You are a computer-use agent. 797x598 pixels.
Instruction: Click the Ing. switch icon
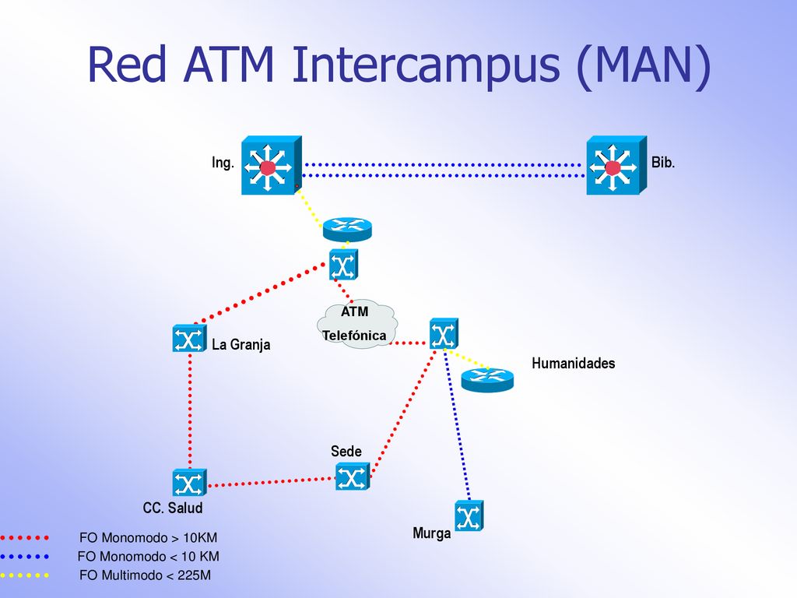[272, 165]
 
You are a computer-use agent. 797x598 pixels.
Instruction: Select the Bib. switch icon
[616, 165]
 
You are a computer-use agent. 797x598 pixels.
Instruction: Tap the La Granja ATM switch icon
[189, 338]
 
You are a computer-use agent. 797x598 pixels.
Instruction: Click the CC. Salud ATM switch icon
[189, 483]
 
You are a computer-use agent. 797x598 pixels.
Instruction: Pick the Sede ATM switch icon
[353, 477]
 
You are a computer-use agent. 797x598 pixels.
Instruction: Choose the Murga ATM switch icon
[469, 515]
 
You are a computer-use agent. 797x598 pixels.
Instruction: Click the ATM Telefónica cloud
[356, 325]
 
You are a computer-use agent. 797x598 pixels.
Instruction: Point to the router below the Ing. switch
[347, 230]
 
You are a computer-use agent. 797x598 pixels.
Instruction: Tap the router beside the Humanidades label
[487, 380]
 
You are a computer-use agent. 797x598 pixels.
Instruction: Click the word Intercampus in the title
[426, 65]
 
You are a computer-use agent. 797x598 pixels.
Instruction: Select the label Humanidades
[574, 363]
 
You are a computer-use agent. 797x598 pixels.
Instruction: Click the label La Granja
[241, 345]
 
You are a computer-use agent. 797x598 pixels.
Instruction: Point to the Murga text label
[431, 533]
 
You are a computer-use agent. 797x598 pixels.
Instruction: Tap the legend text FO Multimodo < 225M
[145, 575]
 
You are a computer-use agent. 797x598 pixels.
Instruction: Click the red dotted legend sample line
[24, 537]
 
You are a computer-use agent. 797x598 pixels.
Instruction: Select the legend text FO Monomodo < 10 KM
[149, 556]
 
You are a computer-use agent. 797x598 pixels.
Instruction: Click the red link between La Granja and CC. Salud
[190, 410]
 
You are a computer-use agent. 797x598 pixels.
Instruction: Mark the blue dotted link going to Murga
[457, 425]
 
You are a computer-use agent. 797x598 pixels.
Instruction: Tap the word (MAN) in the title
[644, 66]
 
